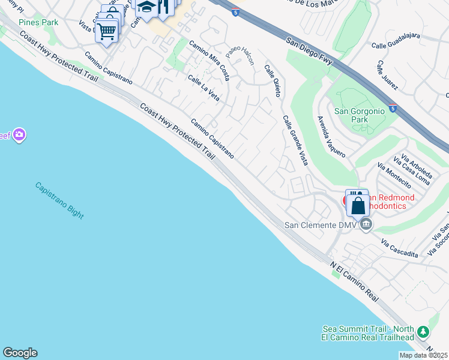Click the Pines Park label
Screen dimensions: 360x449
38,22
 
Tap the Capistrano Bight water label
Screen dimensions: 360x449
59,200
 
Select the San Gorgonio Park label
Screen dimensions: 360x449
358,115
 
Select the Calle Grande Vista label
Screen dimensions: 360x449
295,140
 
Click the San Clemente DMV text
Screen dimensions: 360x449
320,226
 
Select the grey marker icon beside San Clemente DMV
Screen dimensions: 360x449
366,224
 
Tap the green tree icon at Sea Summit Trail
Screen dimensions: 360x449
423,332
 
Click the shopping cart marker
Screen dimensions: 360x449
107,30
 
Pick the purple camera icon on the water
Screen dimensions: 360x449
20,134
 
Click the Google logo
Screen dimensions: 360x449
20,353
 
